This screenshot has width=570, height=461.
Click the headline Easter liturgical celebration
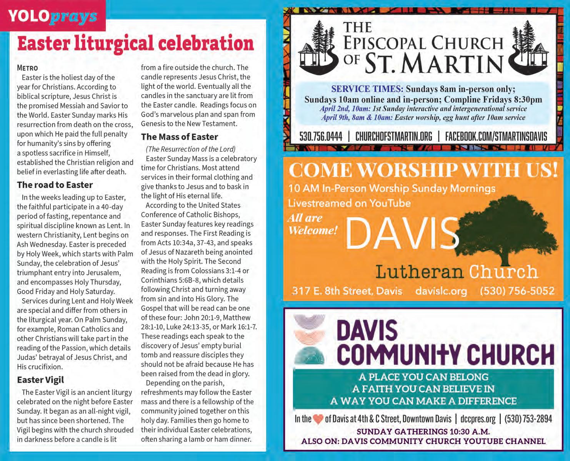pyautogui.click(x=135, y=43)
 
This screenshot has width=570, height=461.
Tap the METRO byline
pyautogui.click(x=27, y=68)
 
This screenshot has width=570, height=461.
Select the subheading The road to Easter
pyautogui.click(x=55, y=185)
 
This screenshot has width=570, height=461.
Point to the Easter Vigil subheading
pyautogui.click(x=40, y=380)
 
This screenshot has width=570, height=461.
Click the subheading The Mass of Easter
pyautogui.click(x=179, y=137)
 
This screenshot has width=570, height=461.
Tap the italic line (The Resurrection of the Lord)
pyautogui.click(x=190, y=149)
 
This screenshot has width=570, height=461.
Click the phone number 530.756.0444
pyautogui.click(x=320, y=136)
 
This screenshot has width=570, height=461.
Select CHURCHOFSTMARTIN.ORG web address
pyautogui.click(x=393, y=136)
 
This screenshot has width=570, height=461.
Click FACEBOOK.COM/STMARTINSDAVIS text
pyautogui.click(x=496, y=136)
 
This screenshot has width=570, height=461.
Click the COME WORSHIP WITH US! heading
pyautogui.click(x=423, y=170)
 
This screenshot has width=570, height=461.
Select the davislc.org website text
pyautogui.click(x=441, y=291)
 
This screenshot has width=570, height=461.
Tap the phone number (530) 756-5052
pyautogui.click(x=517, y=291)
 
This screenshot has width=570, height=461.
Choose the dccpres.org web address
pyautogui.click(x=478, y=419)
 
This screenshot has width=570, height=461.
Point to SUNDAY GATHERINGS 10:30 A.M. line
pyautogui.click(x=423, y=431)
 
